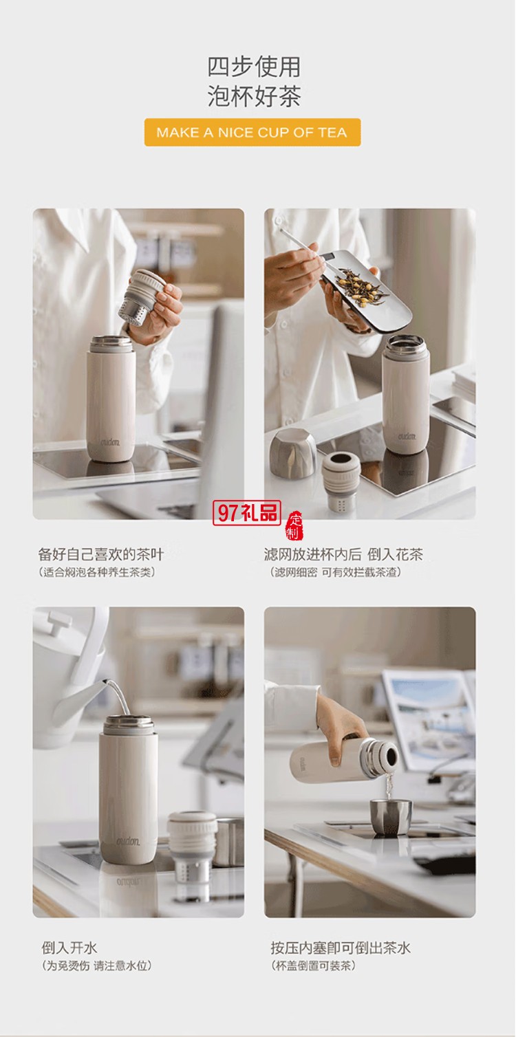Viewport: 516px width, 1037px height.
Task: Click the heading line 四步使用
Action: point(254,67)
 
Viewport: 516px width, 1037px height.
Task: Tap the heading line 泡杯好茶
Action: point(254,96)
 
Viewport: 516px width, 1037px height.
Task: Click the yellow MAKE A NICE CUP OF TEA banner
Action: point(252,133)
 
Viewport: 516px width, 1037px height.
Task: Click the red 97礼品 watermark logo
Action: point(247,512)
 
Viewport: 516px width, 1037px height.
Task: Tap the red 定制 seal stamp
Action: point(294,526)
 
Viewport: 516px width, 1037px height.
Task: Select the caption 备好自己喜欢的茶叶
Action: point(101,554)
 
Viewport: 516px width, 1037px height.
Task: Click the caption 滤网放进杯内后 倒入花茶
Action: point(343,554)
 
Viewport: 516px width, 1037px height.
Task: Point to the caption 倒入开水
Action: point(69,948)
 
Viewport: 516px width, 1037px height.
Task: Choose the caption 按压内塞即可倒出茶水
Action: point(341,948)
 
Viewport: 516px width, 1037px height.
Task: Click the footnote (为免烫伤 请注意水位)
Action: point(96,965)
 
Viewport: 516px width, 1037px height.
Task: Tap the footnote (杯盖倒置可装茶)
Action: point(314,965)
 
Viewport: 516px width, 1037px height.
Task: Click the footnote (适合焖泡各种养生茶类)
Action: point(96,572)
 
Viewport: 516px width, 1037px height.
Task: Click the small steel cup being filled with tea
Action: point(391,817)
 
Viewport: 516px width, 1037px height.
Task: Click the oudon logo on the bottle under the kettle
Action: point(128,841)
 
